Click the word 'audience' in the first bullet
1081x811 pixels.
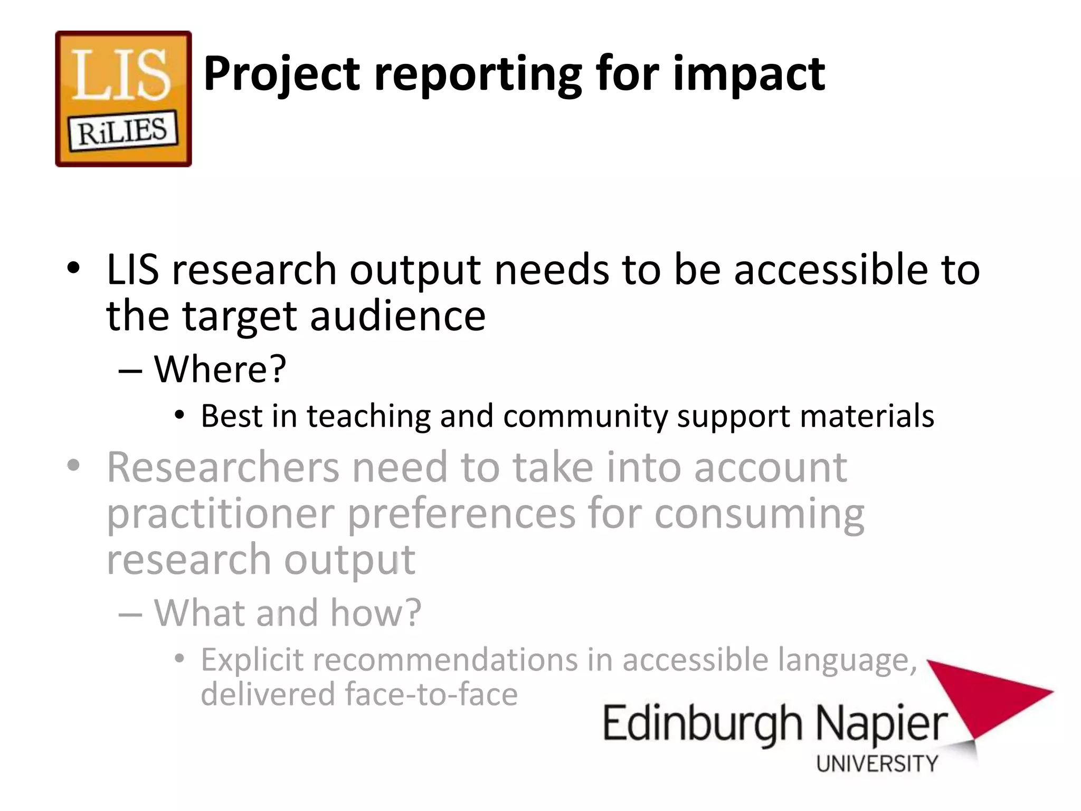397,316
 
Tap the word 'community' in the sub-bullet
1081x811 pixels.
586,416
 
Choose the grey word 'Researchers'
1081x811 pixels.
223,467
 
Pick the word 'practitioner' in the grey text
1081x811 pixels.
221,514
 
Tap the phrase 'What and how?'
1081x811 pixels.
288,612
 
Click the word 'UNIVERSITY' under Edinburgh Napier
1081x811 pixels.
877,763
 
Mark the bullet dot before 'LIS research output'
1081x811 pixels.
73,268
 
